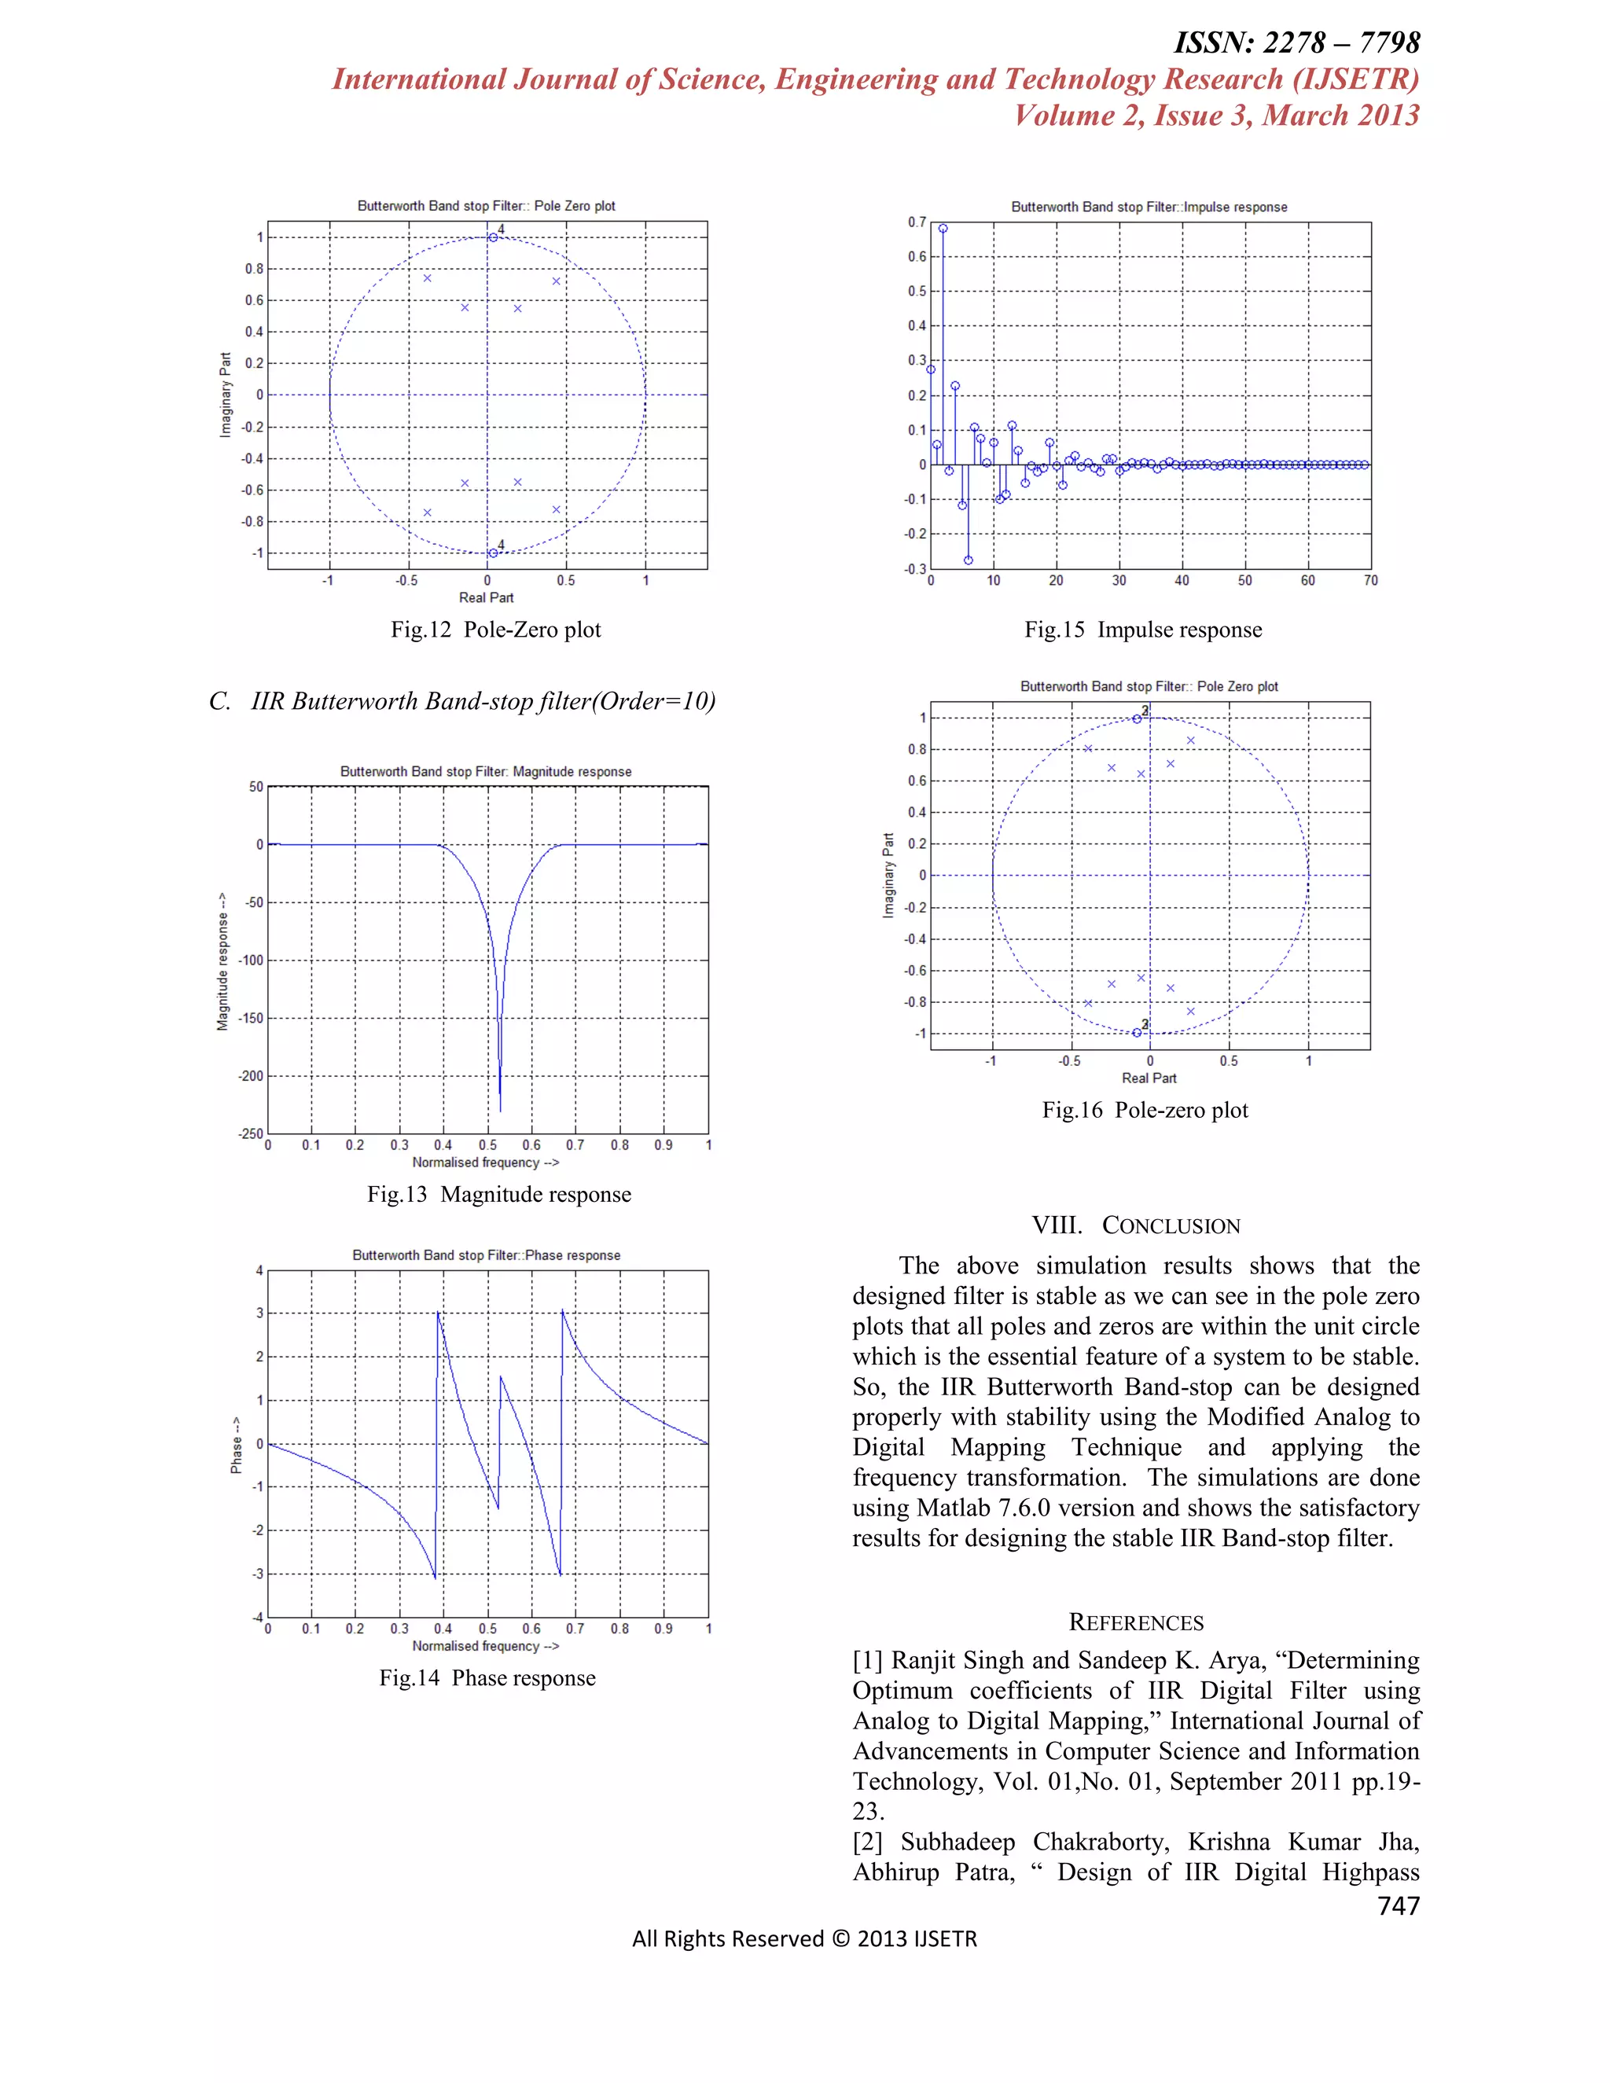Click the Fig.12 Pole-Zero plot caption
point(495,630)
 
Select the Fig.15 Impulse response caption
point(1142,630)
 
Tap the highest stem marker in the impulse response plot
point(943,229)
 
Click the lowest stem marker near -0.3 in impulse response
point(968,560)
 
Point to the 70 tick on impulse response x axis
point(1370,581)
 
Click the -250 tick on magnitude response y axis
point(251,1134)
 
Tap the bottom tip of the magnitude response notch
point(501,1110)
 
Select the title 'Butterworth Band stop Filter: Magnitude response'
point(486,772)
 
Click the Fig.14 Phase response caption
point(487,1677)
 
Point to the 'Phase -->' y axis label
point(236,1443)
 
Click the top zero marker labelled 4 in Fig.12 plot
point(493,237)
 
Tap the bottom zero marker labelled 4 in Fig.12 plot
point(493,553)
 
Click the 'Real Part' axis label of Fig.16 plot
point(1149,1078)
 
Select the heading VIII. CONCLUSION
point(1135,1225)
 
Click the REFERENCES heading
point(1135,1622)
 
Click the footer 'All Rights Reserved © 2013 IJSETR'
point(804,1939)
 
